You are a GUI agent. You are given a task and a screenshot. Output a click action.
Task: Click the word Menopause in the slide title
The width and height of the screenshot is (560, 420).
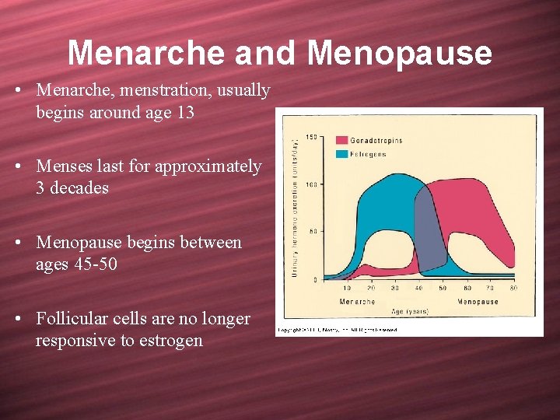coord(399,54)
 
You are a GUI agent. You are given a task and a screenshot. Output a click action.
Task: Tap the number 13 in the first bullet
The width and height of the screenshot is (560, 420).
coord(185,112)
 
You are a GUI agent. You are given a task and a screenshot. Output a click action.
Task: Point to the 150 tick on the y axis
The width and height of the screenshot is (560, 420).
coord(311,138)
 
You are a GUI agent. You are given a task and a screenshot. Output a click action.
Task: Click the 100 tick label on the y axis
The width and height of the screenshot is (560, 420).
coord(311,184)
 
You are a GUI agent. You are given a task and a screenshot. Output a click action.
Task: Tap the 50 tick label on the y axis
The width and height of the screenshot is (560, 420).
coord(313,231)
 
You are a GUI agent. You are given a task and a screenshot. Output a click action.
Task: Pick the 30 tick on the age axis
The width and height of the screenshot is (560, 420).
coord(396,289)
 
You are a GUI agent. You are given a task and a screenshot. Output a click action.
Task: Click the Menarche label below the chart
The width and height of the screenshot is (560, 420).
coord(357,301)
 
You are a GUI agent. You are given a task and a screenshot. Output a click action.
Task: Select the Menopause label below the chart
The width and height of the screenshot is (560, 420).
coord(478,301)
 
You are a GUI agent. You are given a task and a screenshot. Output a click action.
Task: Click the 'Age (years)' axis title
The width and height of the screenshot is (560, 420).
coord(409,312)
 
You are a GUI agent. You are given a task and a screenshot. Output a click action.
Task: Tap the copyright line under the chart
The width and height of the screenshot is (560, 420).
coord(337,330)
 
